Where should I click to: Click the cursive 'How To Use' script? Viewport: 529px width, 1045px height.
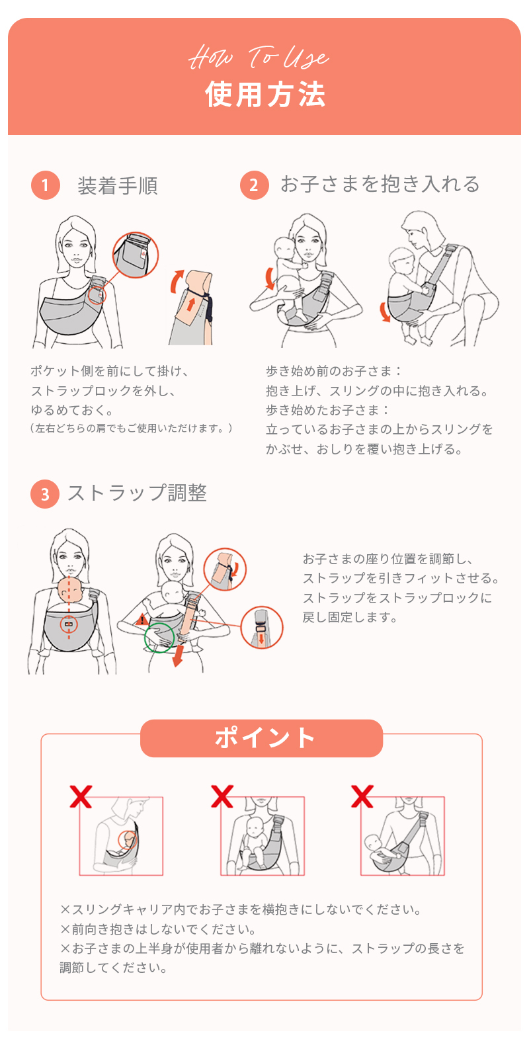259,58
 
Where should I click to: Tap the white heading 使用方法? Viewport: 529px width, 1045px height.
265,95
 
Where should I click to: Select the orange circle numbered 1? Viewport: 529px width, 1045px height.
45,185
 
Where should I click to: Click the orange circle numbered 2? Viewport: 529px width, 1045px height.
254,185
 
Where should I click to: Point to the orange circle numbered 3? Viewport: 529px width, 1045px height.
45,494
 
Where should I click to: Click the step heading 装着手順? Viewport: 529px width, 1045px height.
118,186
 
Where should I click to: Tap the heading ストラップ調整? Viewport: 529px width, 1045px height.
137,493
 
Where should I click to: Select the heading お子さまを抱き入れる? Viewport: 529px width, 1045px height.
380,185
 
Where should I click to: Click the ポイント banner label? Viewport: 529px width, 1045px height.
264,737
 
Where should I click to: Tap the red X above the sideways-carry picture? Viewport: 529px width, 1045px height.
81,796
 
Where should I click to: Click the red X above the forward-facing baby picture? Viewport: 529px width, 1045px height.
222,796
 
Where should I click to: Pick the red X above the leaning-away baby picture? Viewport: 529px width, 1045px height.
362,796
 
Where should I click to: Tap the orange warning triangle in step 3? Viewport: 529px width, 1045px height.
142,620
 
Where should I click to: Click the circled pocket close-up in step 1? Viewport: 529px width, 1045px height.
136,255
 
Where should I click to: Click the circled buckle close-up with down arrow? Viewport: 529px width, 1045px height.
262,628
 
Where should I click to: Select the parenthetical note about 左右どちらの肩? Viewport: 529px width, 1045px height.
131,429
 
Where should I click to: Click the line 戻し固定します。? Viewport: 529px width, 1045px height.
350,617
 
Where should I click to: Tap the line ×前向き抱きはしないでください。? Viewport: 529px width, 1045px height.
158,929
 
